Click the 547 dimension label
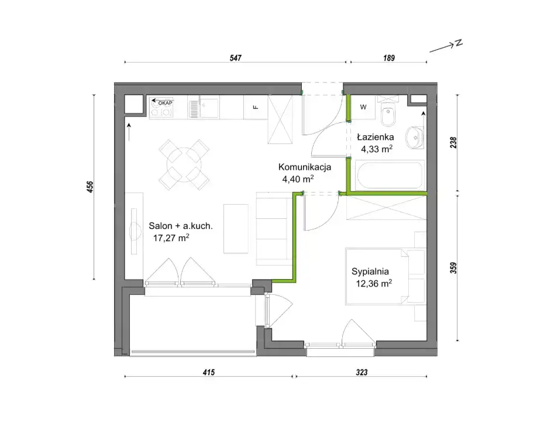[x=235, y=57]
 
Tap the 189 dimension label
[x=388, y=57]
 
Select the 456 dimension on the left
[x=90, y=187]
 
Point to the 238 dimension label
[x=453, y=142]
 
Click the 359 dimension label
[x=453, y=267]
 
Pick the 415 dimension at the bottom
[x=208, y=372]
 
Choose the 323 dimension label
[x=362, y=372]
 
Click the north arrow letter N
[x=459, y=43]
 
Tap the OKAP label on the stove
[x=165, y=103]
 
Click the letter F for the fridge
[x=256, y=107]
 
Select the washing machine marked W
[x=363, y=107]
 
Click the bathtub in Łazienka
[x=390, y=175]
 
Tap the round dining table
[x=184, y=165]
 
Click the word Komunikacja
[x=305, y=167]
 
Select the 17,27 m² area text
[x=171, y=238]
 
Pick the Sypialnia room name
[x=370, y=272]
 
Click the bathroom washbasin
[x=414, y=138]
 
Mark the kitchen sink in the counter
[x=209, y=107]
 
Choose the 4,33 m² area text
[x=377, y=149]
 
